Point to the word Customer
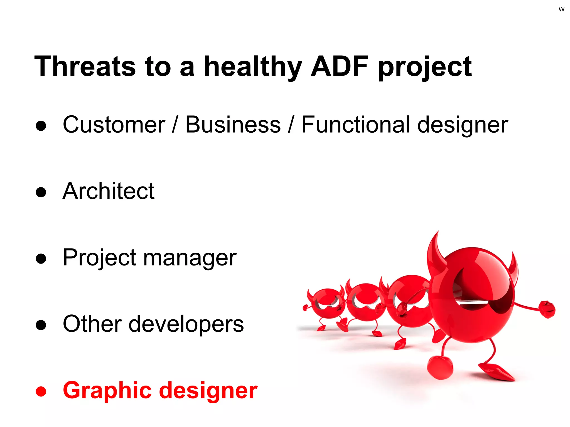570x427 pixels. (114, 125)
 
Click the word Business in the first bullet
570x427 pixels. (233, 125)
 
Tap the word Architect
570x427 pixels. (109, 191)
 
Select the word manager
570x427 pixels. (190, 258)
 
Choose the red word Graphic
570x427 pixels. (107, 391)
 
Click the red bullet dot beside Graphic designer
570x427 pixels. (41, 391)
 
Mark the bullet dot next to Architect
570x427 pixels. (41, 192)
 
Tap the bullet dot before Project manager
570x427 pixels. (41, 259)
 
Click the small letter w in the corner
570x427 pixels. (561, 9)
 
